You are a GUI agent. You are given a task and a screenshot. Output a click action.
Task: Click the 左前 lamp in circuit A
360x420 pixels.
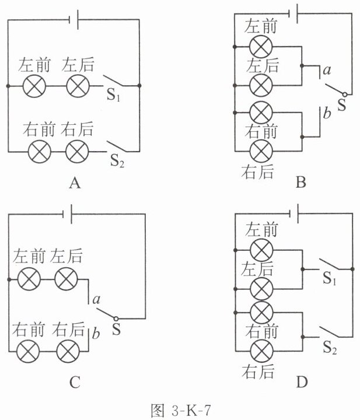click(x=34, y=86)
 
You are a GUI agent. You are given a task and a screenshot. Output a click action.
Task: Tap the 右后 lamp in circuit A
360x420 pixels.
click(x=77, y=152)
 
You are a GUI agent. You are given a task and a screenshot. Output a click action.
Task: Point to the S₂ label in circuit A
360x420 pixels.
click(x=117, y=161)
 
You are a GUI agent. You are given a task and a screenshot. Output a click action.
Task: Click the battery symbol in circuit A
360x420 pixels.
click(x=74, y=20)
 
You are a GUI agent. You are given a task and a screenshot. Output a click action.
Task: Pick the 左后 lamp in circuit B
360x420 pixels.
click(x=261, y=85)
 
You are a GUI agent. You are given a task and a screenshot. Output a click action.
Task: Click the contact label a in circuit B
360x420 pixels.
click(x=327, y=70)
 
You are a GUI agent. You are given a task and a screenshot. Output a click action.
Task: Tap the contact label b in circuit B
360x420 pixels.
click(x=327, y=113)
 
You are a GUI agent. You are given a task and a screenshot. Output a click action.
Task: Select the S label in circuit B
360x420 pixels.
click(x=342, y=105)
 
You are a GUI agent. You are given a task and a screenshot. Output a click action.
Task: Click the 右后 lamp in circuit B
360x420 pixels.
click(x=261, y=150)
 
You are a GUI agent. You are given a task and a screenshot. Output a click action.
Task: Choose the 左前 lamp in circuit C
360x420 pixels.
click(x=29, y=279)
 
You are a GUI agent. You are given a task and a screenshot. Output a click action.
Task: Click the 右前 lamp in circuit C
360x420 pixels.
click(x=28, y=351)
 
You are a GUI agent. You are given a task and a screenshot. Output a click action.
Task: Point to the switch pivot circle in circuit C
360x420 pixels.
click(x=116, y=318)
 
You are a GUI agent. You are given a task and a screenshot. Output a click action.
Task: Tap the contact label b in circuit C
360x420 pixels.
click(x=96, y=334)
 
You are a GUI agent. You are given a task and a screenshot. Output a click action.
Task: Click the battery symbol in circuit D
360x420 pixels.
click(x=295, y=213)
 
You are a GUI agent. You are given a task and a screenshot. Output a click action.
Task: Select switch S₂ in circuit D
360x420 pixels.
click(x=331, y=332)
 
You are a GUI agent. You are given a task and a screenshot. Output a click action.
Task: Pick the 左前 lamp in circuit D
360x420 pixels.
click(x=261, y=250)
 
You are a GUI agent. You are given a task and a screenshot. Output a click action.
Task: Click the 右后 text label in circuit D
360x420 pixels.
click(x=258, y=372)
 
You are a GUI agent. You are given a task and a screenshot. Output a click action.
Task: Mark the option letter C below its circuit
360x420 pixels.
click(x=75, y=382)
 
